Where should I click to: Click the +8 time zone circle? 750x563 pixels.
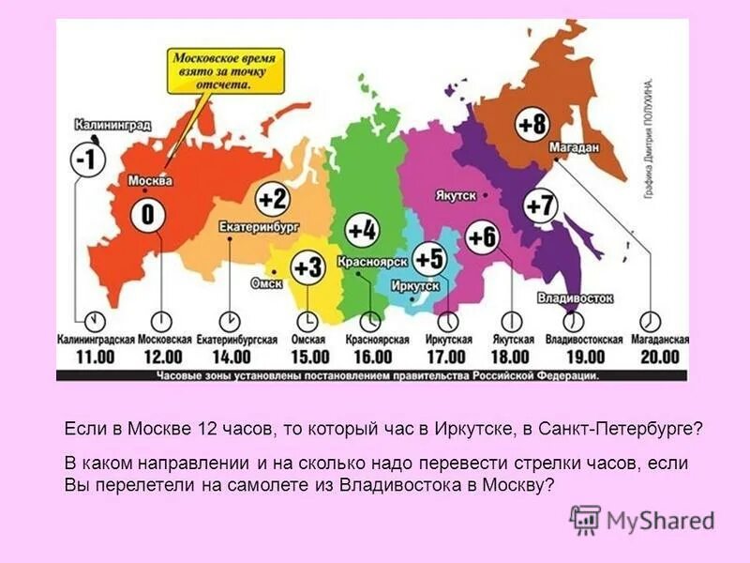531,124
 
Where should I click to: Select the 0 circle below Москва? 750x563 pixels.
147,215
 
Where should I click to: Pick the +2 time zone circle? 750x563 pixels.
272,199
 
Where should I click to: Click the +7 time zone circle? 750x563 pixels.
541,205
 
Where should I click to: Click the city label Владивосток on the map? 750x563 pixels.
576,298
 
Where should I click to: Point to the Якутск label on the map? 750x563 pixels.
456,195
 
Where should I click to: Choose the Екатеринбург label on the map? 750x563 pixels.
258,227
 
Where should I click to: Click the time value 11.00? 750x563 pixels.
93,357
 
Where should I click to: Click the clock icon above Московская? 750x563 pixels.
161,318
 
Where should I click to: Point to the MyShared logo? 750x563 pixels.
642,521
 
